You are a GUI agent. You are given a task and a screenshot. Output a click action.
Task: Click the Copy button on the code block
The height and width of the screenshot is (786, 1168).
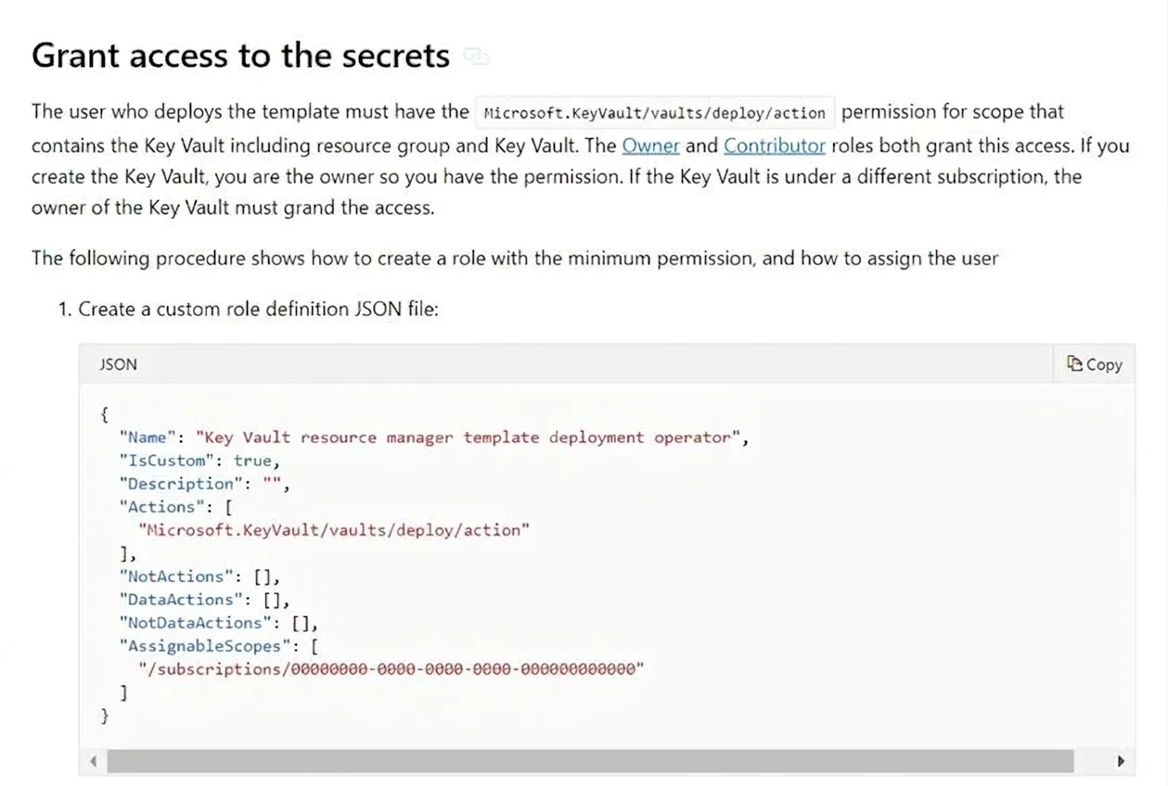pos(1094,364)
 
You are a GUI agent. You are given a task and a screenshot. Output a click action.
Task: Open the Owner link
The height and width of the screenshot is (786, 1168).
pos(650,146)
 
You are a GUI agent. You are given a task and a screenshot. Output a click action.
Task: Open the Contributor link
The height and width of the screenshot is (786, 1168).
pos(775,146)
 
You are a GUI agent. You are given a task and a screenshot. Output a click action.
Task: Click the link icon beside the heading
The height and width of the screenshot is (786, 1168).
pos(476,57)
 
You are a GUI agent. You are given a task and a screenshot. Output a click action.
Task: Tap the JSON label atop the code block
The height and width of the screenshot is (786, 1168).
pos(119,364)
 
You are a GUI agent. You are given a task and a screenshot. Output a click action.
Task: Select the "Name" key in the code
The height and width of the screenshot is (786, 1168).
pos(148,437)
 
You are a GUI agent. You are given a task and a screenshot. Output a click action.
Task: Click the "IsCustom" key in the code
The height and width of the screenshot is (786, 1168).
pos(166,461)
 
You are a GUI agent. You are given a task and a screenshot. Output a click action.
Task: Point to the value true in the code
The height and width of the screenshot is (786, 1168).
pos(253,461)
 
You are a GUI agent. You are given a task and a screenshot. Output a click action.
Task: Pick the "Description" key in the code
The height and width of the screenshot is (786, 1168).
pos(181,484)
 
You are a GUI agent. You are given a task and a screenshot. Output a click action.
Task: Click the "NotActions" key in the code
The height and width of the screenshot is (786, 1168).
pos(175,577)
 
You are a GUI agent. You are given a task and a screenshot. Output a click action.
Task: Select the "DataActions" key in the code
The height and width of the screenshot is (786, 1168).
pos(181,600)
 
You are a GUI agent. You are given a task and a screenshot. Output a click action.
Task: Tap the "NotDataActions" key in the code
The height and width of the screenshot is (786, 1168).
pos(195,623)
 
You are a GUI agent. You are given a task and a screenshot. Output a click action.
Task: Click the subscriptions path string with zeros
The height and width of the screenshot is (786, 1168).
pos(391,669)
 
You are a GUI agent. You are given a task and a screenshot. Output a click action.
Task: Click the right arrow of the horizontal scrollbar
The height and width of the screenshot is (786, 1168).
pos(1121,762)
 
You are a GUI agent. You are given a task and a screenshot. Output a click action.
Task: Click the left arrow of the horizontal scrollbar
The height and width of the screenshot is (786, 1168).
pos(93,762)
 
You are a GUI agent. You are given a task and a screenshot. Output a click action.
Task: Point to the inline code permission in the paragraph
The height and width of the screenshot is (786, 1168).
pos(654,113)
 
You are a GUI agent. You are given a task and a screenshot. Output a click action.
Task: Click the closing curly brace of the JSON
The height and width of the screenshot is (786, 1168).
pos(104,716)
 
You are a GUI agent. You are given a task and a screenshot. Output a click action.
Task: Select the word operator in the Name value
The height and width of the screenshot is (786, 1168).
pos(693,437)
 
